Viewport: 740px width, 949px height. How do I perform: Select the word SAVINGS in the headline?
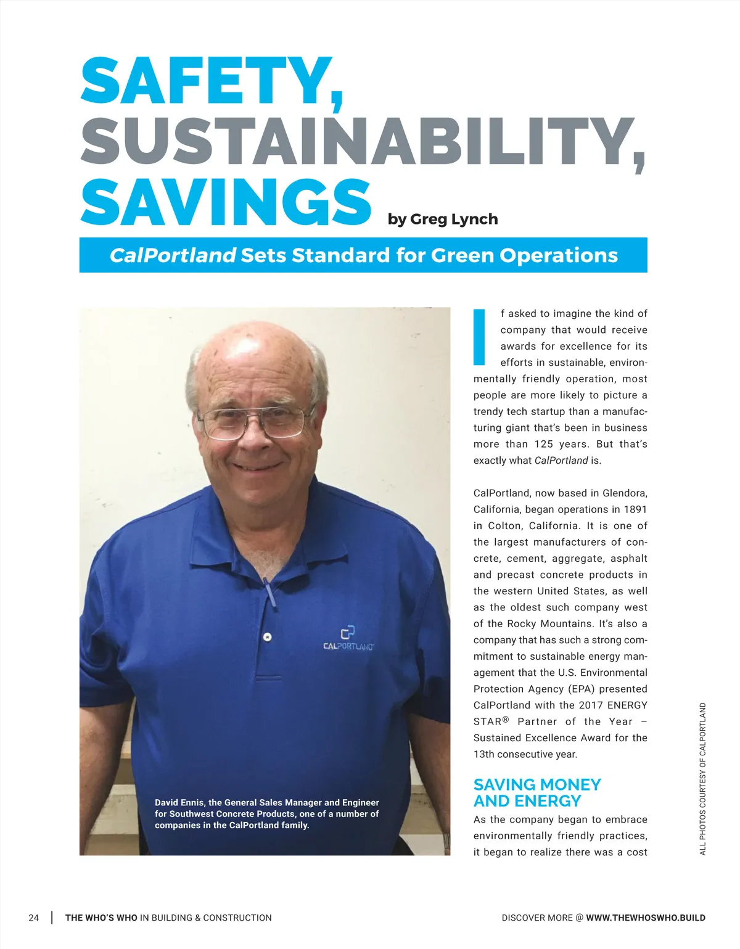coord(226,202)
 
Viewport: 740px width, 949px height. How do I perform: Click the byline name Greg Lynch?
coord(454,220)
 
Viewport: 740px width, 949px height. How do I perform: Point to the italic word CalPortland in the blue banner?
coord(173,255)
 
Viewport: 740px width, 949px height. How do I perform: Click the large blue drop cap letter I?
coord(479,337)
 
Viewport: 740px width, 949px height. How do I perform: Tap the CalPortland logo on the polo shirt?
coord(348,639)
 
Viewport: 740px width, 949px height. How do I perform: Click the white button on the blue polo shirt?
coord(268,636)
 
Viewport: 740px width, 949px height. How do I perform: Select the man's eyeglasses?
coord(256,422)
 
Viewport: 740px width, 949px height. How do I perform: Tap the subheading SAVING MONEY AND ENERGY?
coord(536,792)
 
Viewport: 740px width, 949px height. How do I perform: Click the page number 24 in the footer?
coord(34,918)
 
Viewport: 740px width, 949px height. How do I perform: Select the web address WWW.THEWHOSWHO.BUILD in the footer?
coord(646,918)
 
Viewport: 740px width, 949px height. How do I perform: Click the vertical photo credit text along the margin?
coord(702,779)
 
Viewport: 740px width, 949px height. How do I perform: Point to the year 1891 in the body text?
coord(635,509)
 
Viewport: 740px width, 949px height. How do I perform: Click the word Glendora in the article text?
coord(625,493)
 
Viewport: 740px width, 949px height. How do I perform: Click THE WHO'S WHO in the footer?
coord(101,918)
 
